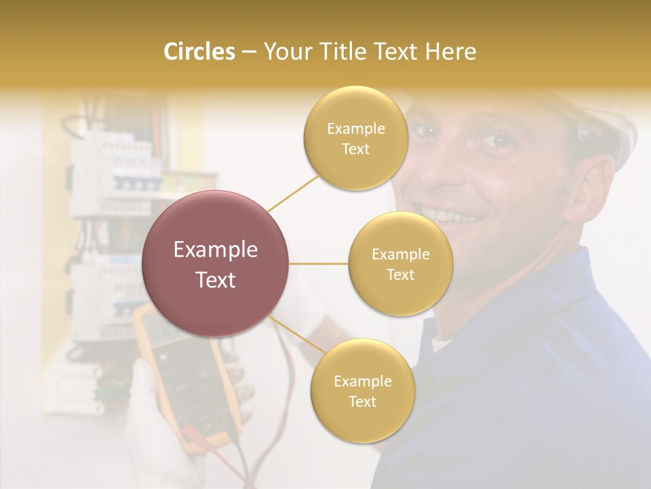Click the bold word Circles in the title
(x=199, y=52)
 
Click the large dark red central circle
(x=216, y=264)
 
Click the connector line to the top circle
(x=294, y=193)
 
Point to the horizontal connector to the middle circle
(x=319, y=264)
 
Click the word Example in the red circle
(x=216, y=250)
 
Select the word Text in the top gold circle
(x=355, y=149)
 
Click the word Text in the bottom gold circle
(x=362, y=401)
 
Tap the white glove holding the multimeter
(x=146, y=421)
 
